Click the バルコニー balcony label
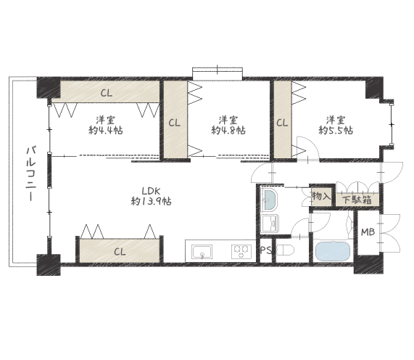point(31,173)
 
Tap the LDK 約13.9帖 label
point(152,196)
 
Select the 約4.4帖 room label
point(105,126)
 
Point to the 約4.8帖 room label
point(228,126)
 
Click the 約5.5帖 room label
point(336,126)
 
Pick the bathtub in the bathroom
point(333,252)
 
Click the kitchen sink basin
point(202,252)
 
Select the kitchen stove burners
point(241,251)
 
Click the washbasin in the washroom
point(270,200)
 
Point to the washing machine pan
point(270,224)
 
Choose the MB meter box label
point(368,232)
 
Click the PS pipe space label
point(266,250)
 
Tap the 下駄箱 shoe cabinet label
point(357,200)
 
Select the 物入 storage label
point(321,197)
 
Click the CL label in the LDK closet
point(120,252)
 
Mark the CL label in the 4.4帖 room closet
point(107,93)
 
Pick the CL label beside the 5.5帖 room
point(282,123)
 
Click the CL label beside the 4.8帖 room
point(175,123)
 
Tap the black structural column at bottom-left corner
point(49,265)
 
